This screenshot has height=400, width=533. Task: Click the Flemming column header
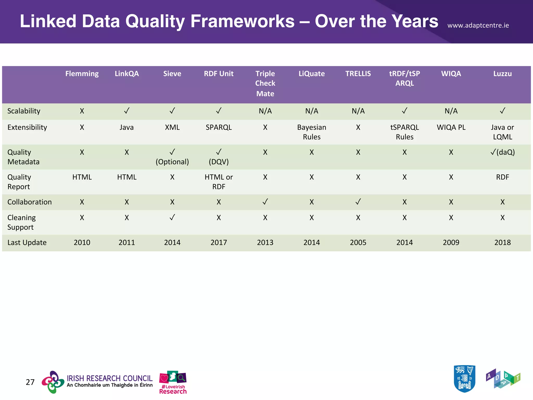point(82,74)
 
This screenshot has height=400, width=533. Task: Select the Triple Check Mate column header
point(265,83)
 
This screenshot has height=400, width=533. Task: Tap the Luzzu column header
point(502,74)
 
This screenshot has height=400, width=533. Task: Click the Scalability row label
point(24,111)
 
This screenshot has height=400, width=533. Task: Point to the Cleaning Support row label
point(21,222)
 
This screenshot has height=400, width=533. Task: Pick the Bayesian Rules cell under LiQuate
point(312,132)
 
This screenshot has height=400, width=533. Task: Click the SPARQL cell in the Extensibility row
point(219,127)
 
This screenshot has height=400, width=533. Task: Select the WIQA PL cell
point(451,127)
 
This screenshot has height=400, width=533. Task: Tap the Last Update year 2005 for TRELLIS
point(358,242)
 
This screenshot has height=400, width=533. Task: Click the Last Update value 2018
point(502,242)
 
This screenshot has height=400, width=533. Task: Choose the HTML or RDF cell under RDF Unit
point(219,182)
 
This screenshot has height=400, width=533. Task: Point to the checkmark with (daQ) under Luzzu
point(502,152)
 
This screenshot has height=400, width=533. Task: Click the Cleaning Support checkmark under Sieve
point(172,217)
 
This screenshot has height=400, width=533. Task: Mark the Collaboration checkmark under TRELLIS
point(358,202)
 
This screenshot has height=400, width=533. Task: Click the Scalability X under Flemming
point(82,111)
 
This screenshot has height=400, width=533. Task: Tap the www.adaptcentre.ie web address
point(478,26)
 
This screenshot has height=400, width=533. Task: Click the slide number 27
point(30,382)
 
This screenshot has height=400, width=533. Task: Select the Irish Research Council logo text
point(109,381)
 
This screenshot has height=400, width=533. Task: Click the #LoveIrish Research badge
point(173,382)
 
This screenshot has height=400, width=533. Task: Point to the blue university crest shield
point(464,379)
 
